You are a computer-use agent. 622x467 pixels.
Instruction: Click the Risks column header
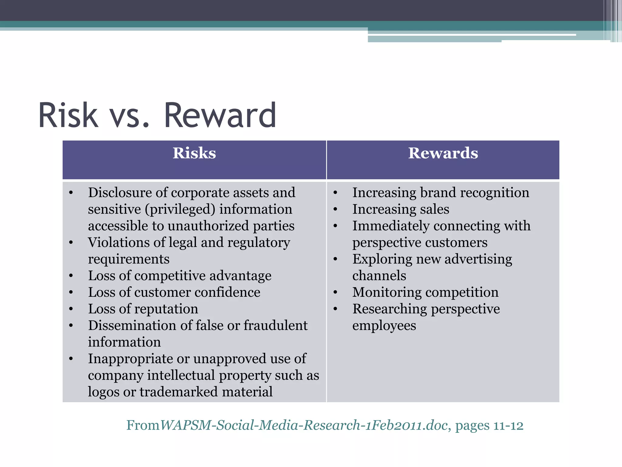click(194, 153)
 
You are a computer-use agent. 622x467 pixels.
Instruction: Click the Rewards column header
click(443, 153)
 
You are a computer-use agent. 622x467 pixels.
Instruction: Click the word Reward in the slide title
click(220, 116)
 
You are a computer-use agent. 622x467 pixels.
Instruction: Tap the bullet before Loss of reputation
click(71, 309)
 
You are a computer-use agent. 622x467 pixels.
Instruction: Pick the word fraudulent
click(275, 326)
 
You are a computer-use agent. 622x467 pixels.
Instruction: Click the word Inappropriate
click(130, 359)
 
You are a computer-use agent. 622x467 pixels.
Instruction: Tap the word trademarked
click(179, 392)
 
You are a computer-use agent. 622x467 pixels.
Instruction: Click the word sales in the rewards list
click(435, 209)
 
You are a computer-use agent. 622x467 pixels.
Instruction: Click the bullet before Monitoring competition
click(335, 292)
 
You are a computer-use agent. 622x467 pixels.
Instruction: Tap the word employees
click(384, 326)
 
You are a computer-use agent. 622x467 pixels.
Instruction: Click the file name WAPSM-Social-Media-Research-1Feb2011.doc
click(304, 425)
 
